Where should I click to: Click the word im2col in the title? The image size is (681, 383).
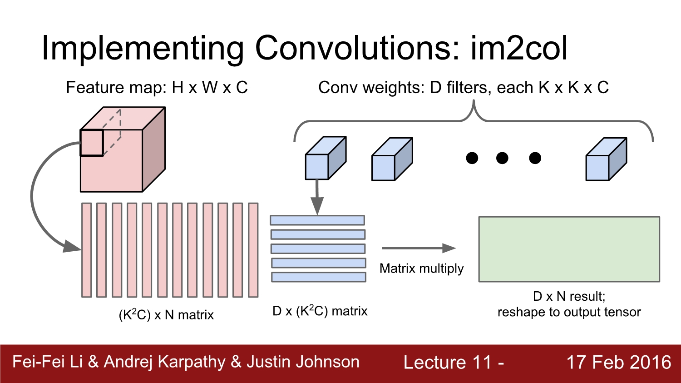[518, 48]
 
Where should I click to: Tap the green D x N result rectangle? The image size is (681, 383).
[569, 249]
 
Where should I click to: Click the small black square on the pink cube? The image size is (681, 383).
[92, 143]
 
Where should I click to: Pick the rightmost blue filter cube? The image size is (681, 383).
[606, 159]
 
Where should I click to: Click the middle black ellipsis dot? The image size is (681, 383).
[502, 158]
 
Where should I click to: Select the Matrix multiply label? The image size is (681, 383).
[421, 269]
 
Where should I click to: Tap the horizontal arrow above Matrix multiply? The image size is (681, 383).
[418, 248]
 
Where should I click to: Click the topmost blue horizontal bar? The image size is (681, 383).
[317, 220]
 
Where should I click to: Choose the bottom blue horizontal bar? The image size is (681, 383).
[319, 277]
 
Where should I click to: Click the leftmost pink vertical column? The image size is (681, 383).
[86, 250]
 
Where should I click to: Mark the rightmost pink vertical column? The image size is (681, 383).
[253, 250]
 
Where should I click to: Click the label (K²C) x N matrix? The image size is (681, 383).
[166, 314]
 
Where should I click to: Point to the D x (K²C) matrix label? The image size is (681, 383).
[320, 311]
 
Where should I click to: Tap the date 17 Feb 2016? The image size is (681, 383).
[618, 362]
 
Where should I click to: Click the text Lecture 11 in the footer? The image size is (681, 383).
[448, 363]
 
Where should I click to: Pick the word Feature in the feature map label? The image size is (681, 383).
[94, 87]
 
